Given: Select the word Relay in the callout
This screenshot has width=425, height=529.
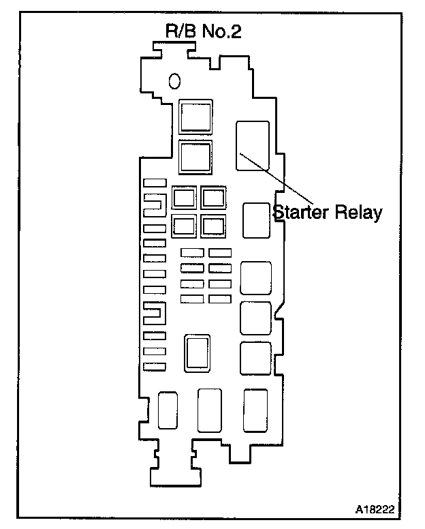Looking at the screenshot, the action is pyautogui.click(x=358, y=212).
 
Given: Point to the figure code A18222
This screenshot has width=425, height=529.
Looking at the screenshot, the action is pyautogui.click(x=374, y=509).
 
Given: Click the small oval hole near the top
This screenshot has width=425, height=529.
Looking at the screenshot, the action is pyautogui.click(x=175, y=81).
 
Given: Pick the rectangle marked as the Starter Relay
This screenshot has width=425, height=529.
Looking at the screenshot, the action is pyautogui.click(x=253, y=145).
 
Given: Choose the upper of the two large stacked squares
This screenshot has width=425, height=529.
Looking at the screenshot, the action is pyautogui.click(x=195, y=116).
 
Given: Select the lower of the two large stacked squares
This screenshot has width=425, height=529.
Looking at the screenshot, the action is pyautogui.click(x=195, y=157).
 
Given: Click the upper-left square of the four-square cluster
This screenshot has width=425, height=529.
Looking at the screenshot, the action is pyautogui.click(x=184, y=198).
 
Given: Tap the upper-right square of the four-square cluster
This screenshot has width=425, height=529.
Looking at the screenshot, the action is pyautogui.click(x=213, y=198).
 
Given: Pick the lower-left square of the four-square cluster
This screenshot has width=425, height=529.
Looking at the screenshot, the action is pyautogui.click(x=184, y=225).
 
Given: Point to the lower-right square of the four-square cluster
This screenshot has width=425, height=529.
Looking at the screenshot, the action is pyautogui.click(x=213, y=225).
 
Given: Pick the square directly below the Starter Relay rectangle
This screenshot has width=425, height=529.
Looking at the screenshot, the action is pyautogui.click(x=255, y=220).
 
